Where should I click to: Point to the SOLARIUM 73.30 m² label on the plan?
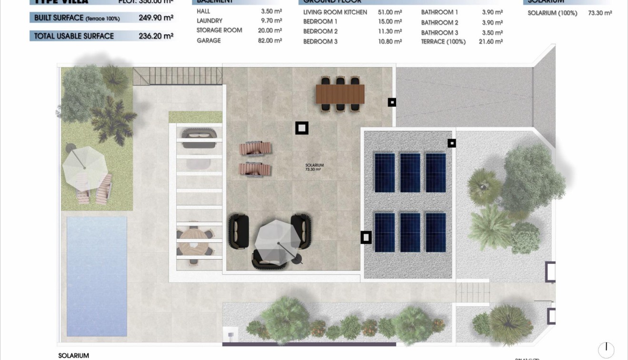tap(314, 167)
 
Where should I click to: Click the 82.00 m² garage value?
tap(270, 41)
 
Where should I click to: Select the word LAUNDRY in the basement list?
tap(209, 21)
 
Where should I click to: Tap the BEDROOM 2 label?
tap(320, 31)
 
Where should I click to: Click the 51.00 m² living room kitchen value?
tap(390, 12)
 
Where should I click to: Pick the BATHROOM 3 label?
tap(439, 33)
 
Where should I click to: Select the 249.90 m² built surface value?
tap(156, 18)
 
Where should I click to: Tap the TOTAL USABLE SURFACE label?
tap(74, 36)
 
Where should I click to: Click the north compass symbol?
tap(606, 349)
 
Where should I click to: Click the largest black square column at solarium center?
tap(302, 128)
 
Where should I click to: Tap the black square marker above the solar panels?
tap(451, 143)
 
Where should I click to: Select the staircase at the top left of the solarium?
tap(178, 76)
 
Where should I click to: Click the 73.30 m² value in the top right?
tap(600, 13)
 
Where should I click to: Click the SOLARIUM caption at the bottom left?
tap(73, 356)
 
